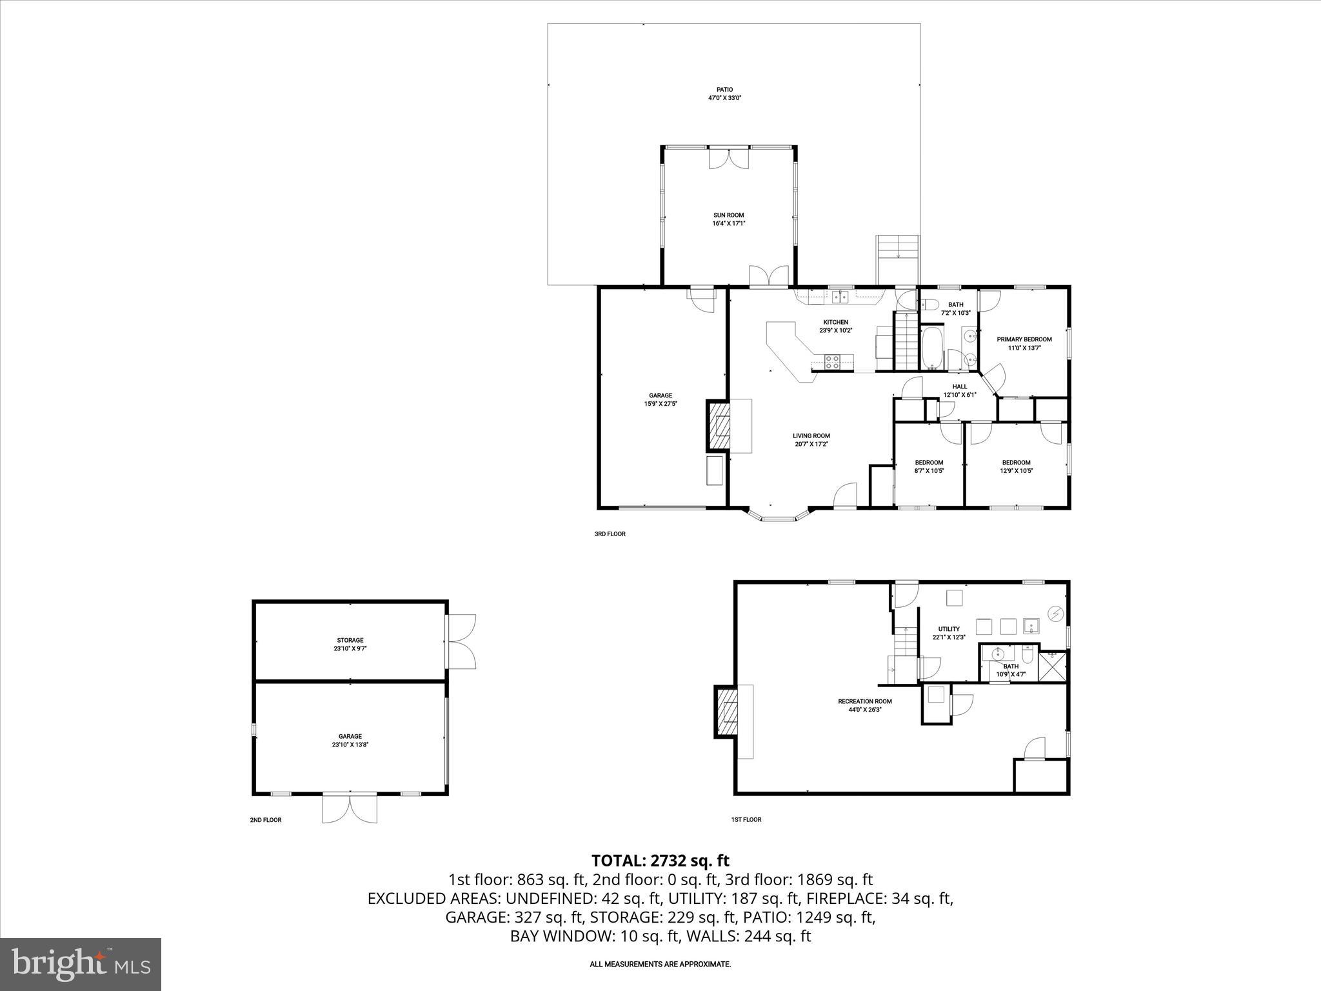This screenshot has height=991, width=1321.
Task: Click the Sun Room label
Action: pyautogui.click(x=728, y=215)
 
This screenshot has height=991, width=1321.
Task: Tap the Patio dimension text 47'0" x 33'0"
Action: pyautogui.click(x=724, y=98)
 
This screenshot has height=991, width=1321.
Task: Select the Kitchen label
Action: pyautogui.click(x=835, y=322)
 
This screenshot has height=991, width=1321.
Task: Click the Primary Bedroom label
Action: pyautogui.click(x=1024, y=339)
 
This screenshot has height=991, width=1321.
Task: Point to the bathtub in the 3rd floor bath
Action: pyautogui.click(x=931, y=348)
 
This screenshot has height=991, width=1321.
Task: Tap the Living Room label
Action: pyautogui.click(x=811, y=436)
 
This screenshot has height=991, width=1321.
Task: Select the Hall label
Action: pyautogui.click(x=959, y=386)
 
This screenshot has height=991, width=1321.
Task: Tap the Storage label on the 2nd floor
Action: pyautogui.click(x=350, y=641)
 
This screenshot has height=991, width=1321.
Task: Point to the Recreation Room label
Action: pyautogui.click(x=864, y=701)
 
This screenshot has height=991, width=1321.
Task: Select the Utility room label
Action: pyautogui.click(x=949, y=629)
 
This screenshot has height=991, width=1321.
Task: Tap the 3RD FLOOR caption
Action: pyautogui.click(x=610, y=534)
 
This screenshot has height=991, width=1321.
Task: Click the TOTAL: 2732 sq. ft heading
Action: pyautogui.click(x=660, y=861)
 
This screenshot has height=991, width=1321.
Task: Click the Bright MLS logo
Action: pyautogui.click(x=81, y=964)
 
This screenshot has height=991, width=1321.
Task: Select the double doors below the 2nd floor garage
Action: pyautogui.click(x=350, y=808)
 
